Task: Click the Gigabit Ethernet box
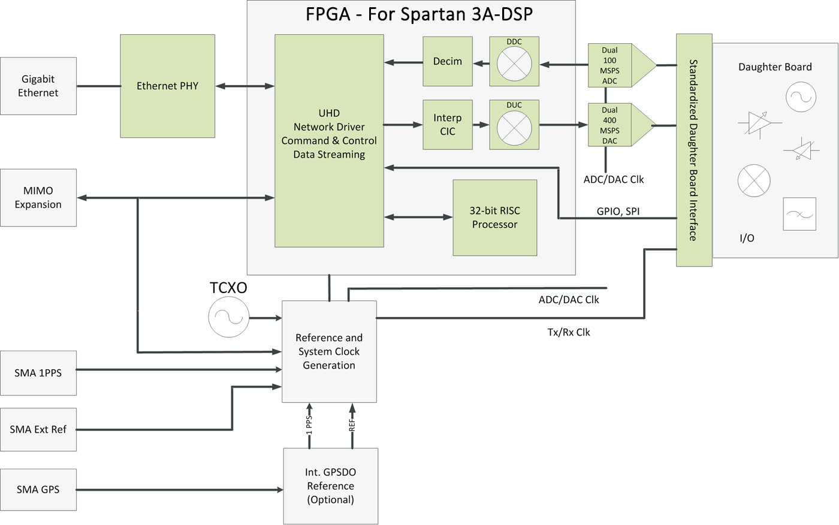click(38, 86)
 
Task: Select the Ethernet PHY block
click(167, 86)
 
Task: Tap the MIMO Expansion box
click(38, 197)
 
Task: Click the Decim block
click(448, 61)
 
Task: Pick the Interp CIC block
click(448, 125)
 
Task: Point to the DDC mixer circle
click(514, 64)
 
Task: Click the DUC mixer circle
click(514, 128)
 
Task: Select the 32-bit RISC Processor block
click(494, 218)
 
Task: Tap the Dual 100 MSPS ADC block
click(610, 65)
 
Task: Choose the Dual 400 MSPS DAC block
click(610, 125)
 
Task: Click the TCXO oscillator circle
click(228, 318)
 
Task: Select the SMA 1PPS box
click(38, 373)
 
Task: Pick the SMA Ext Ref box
click(38, 429)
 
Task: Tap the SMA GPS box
click(38, 490)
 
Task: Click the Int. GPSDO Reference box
click(331, 486)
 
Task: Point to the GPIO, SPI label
click(618, 212)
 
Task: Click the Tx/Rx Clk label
click(569, 332)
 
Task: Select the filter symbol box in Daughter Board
click(799, 214)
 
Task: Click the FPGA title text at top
click(419, 14)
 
